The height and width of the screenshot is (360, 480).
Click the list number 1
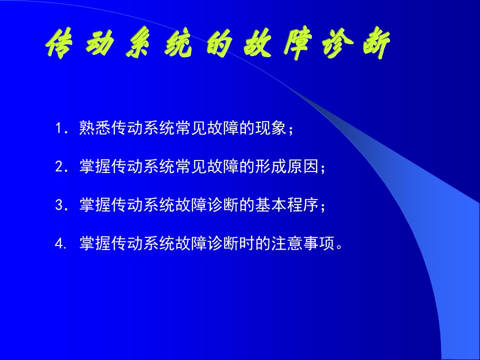tap(58, 128)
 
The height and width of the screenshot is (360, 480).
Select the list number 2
tap(58, 167)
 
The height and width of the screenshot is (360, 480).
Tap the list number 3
tap(58, 205)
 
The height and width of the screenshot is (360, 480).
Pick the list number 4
tap(59, 243)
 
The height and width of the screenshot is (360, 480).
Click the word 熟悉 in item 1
tap(95, 128)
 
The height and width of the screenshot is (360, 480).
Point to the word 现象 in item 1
tap(270, 128)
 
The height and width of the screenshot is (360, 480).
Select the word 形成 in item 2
tap(270, 166)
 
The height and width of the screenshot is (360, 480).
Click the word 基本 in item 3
tap(270, 205)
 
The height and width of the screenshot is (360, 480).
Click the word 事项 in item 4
tap(318, 243)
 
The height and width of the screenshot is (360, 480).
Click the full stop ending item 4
tap(339, 247)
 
